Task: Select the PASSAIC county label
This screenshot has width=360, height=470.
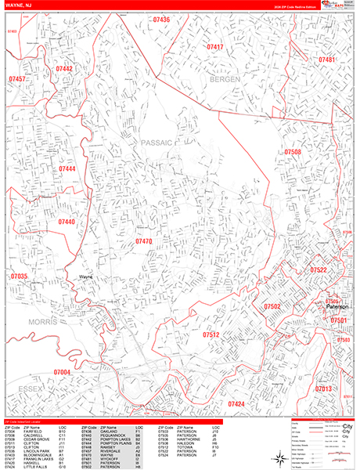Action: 156,143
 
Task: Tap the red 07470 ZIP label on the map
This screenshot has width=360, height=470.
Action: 143,242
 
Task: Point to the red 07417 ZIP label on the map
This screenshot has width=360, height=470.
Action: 215,48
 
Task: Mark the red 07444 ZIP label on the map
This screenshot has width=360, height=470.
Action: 67,168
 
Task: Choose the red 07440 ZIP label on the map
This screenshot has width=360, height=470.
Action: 67,222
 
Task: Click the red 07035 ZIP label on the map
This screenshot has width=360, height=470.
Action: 19,277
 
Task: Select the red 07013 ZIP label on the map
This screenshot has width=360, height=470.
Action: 324,389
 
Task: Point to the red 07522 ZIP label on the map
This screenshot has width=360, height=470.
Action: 319,269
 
